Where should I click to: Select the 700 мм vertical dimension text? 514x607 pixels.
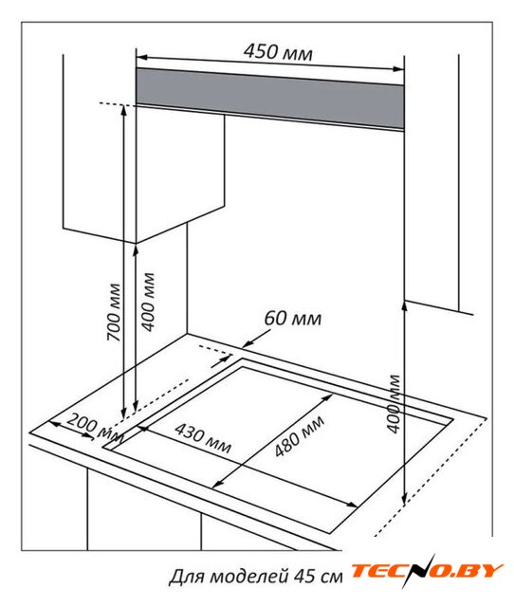pos(114,312)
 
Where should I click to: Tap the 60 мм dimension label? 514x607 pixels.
pos(293,319)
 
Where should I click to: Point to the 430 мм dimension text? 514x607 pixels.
pos(203,437)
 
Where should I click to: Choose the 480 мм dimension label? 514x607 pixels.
pos(299,436)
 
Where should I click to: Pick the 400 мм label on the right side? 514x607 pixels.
pos(394,403)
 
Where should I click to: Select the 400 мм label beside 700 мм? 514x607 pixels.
pos(147,303)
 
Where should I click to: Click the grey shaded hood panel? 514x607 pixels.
pos(270,99)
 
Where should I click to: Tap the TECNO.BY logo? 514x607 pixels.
pos(427,571)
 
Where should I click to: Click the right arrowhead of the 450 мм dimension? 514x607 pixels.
pos(398,69)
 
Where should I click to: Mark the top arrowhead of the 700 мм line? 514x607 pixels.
pos(124,110)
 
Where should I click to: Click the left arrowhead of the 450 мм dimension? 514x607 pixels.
pos(141,58)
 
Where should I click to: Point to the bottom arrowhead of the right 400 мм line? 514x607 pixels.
pos(404,500)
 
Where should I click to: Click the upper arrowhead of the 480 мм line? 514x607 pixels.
pos(328,397)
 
